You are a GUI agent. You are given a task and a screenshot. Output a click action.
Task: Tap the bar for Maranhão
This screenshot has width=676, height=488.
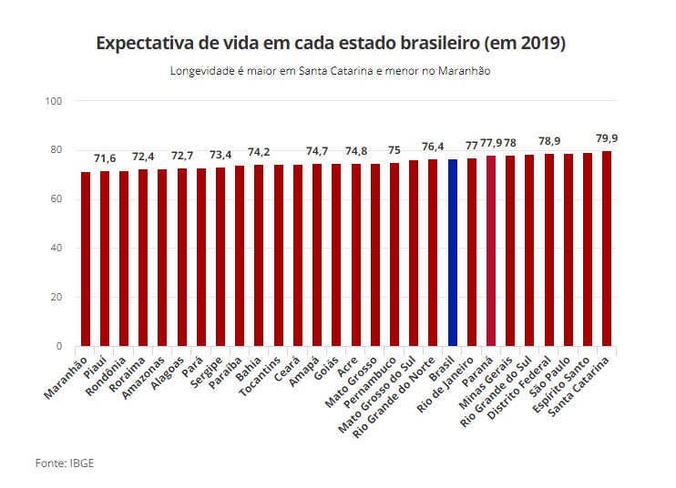86,259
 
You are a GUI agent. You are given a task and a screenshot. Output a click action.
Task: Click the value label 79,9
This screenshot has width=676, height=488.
606,138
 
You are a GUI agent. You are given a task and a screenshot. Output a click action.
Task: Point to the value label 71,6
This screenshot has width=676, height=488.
105,159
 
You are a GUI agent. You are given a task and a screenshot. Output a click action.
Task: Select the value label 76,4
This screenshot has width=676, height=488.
433,147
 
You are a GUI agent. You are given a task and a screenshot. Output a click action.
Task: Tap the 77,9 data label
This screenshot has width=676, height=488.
491,143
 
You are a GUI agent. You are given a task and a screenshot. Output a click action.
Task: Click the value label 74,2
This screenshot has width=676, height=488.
259,152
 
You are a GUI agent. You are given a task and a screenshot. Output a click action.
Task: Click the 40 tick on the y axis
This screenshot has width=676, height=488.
56,248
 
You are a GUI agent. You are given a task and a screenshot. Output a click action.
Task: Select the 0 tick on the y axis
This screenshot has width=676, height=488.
58,347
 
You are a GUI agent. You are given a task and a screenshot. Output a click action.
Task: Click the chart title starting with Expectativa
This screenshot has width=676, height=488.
332,44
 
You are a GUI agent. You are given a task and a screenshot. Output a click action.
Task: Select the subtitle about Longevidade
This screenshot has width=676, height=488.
331,71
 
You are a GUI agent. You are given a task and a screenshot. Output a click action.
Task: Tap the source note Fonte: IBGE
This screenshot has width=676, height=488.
65,463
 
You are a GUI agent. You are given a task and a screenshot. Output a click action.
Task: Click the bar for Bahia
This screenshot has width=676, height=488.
259,255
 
